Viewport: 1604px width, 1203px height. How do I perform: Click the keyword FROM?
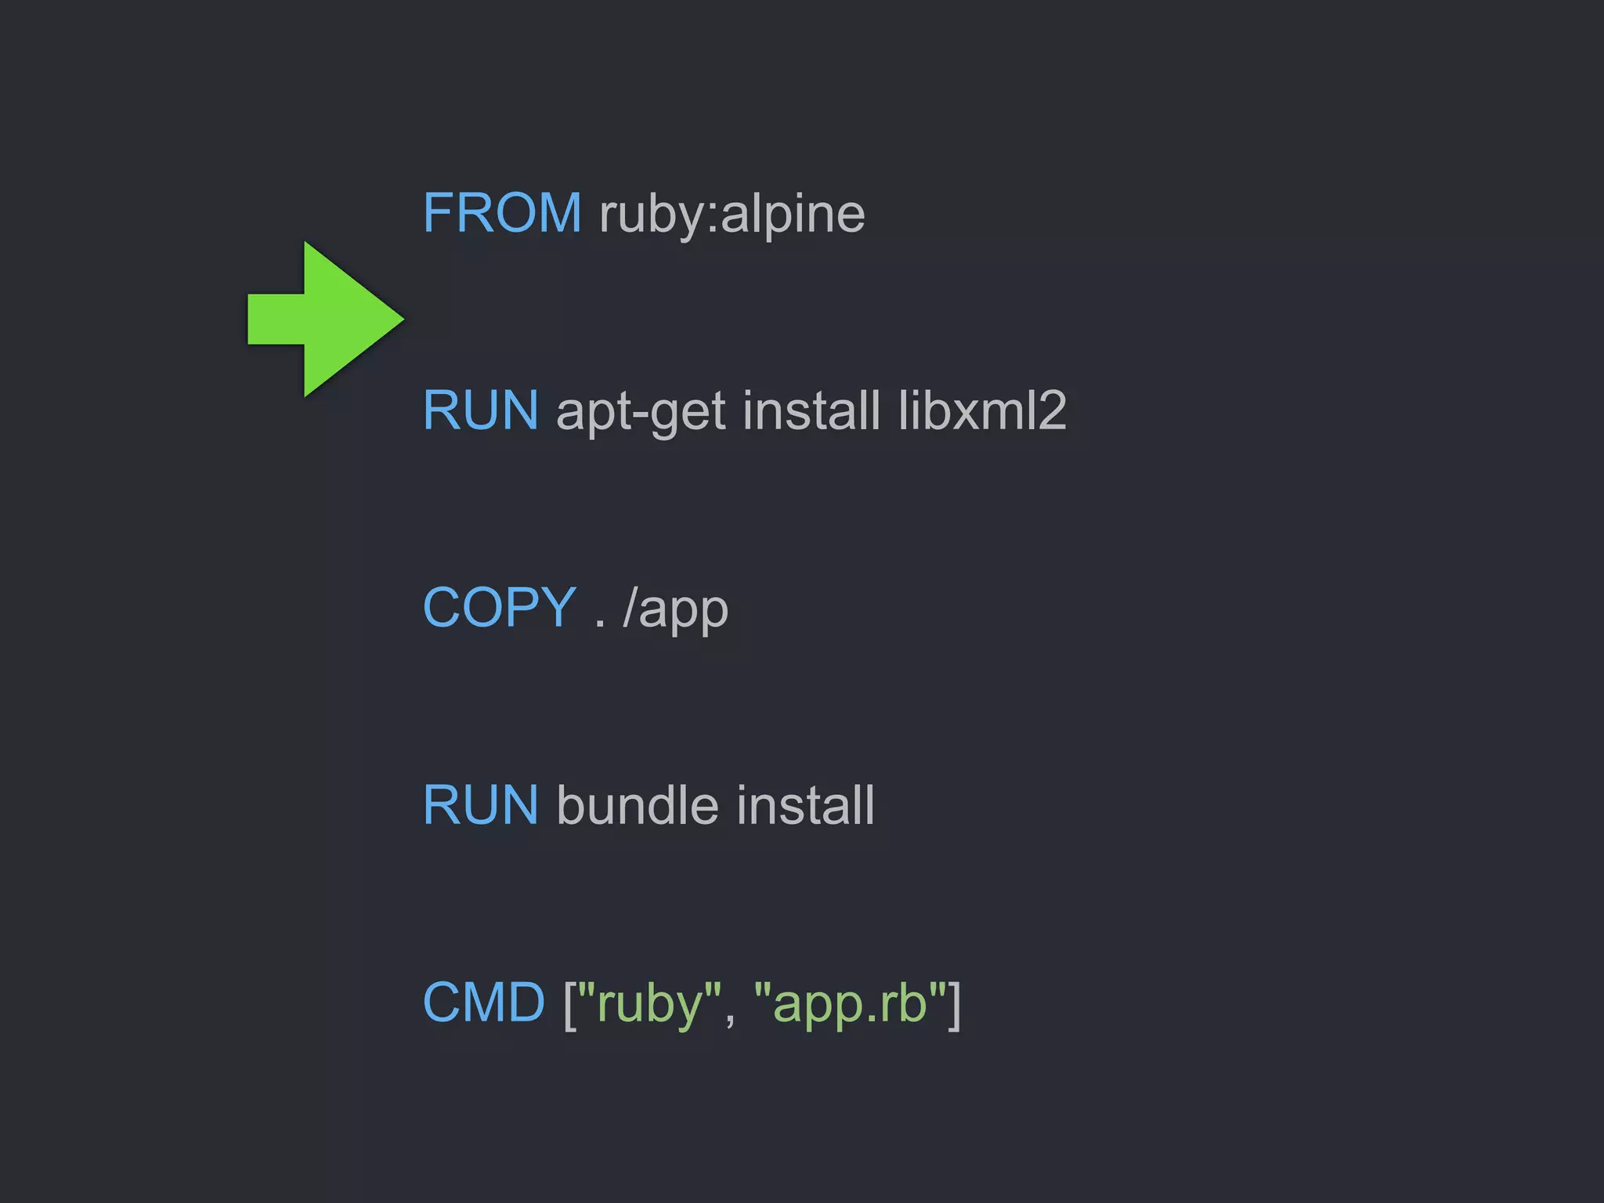pos(502,213)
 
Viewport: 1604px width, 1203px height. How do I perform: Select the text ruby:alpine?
pos(732,214)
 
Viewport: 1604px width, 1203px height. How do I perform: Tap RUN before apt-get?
pos(480,410)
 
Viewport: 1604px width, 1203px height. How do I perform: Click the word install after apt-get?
pos(811,410)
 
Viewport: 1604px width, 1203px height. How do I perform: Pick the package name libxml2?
pos(982,410)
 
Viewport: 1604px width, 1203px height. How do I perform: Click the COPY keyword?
pos(500,608)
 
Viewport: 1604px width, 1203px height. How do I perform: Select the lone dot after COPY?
pos(600,624)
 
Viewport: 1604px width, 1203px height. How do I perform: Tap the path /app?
pos(675,609)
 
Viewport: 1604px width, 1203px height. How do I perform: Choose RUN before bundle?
pos(480,805)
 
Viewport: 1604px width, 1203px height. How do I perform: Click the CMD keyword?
pos(483,1002)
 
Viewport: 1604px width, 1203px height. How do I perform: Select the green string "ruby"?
pos(649,1004)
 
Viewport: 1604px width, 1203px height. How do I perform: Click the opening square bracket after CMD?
pos(569,1004)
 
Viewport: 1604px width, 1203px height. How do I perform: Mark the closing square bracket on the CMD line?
pos(954,1004)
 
